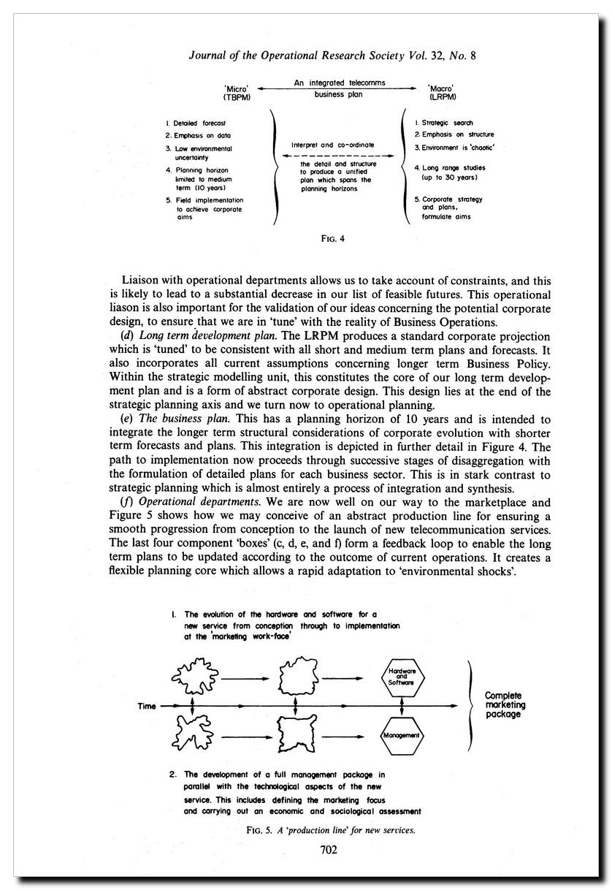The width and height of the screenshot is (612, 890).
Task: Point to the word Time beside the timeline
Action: click(148, 707)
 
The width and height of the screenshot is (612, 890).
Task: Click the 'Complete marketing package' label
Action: click(505, 705)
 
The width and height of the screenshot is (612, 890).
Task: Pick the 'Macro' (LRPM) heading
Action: click(443, 92)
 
